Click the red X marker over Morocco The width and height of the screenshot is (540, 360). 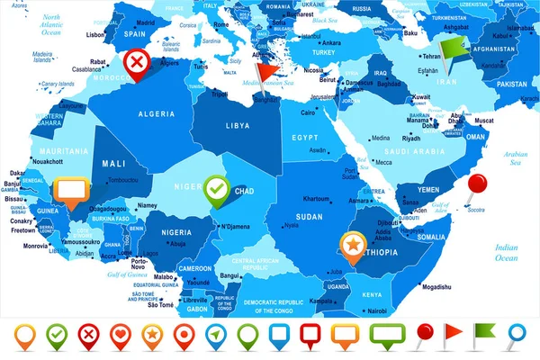[x=136, y=62]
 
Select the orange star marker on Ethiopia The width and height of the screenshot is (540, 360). [x=353, y=242]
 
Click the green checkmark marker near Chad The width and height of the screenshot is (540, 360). [x=216, y=189]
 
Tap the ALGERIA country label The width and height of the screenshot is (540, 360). [x=155, y=114]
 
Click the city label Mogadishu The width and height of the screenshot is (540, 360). [x=435, y=287]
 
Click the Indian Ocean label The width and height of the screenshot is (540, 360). [x=507, y=251]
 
